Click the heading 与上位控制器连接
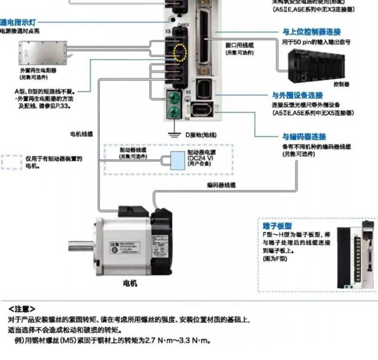click(x=311, y=32)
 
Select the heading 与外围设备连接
click(x=297, y=95)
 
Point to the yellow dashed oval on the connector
click(x=180, y=52)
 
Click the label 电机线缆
click(x=81, y=134)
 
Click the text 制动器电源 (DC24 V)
click(x=201, y=155)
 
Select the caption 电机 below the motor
click(x=130, y=283)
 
